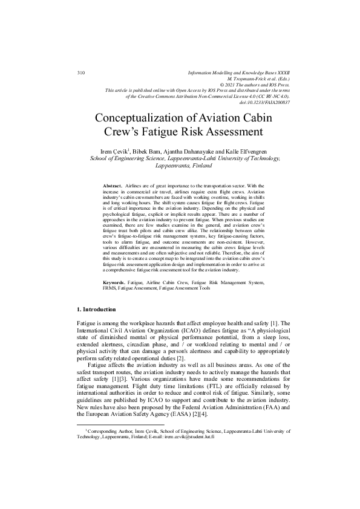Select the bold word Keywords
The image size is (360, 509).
[x=114, y=282]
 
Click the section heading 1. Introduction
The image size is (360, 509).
[x=102, y=309]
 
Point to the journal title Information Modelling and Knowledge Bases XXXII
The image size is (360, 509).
[x=240, y=72]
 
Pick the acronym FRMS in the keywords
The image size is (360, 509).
[x=110, y=288]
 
